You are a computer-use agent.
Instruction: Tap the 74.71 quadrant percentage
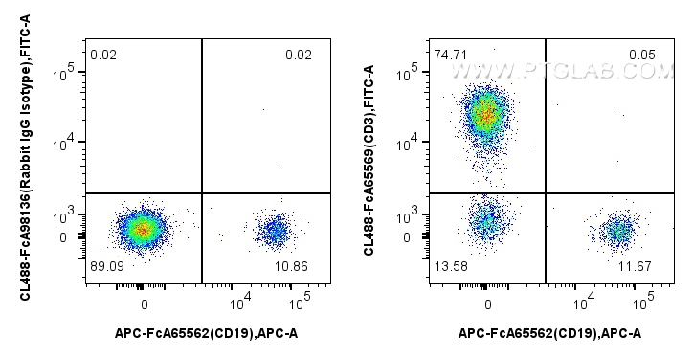pyautogui.click(x=449, y=55)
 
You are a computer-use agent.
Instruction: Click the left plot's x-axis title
pyautogui.click(x=207, y=333)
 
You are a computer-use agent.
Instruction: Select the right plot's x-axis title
pyautogui.click(x=550, y=333)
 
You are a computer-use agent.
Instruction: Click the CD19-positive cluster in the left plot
pyautogui.click(x=276, y=230)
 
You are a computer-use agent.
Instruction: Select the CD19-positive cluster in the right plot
pyautogui.click(x=619, y=230)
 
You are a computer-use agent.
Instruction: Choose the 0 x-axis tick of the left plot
pyautogui.click(x=145, y=304)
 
